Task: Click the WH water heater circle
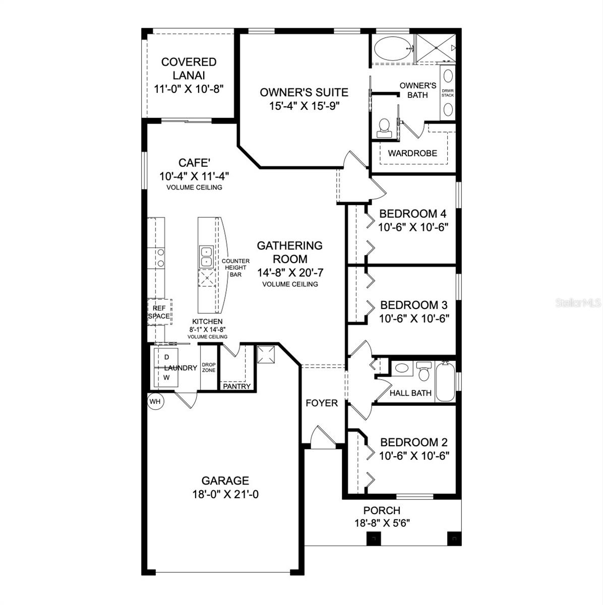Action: pos(155,401)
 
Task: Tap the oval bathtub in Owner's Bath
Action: pos(392,48)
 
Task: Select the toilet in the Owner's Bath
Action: pos(384,128)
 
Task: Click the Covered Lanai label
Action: pos(189,69)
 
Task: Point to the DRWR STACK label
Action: pos(448,93)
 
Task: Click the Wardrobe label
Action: pos(412,153)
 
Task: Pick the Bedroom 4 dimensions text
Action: pos(413,227)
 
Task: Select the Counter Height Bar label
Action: pos(235,268)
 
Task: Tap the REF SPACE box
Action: pos(159,312)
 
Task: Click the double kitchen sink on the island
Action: pos(206,257)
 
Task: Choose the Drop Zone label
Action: pos(209,368)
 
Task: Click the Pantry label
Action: pos(236,386)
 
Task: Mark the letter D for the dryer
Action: pos(167,357)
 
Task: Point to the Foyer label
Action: pos(322,403)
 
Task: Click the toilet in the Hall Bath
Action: pos(424,372)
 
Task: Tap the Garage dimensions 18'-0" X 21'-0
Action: pos(225,495)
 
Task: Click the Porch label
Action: pos(382,511)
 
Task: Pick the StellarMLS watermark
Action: pos(578,303)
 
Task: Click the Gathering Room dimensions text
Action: pos(290,273)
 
